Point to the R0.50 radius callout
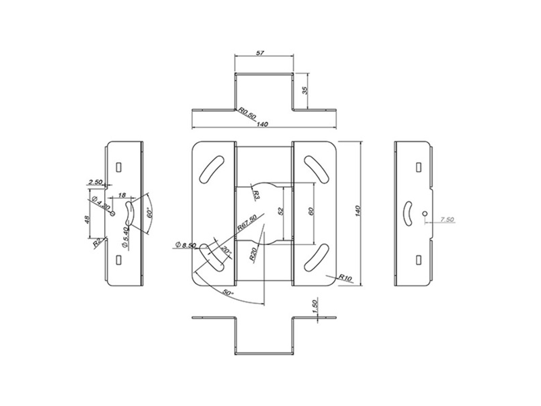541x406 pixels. (245, 112)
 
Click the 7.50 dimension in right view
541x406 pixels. (446, 219)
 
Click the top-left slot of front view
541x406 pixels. (212, 167)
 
